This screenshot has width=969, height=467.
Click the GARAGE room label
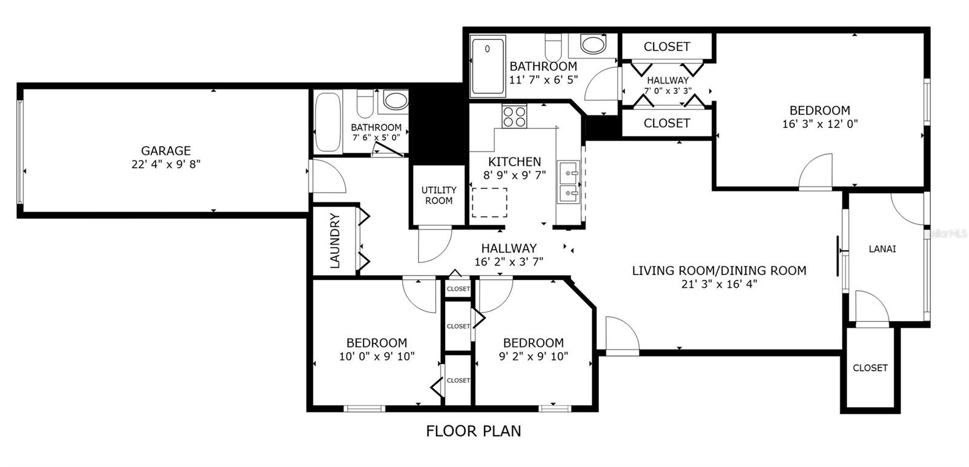click(165, 151)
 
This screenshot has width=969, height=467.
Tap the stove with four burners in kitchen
click(514, 116)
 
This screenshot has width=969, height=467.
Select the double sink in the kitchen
click(568, 182)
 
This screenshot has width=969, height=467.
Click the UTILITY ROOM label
click(438, 195)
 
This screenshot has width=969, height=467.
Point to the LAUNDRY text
click(335, 240)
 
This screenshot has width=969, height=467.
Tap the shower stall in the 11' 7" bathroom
click(488, 66)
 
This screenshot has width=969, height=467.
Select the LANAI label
click(882, 249)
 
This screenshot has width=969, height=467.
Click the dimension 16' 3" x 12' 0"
click(819, 124)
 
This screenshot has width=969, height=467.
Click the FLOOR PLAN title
click(473, 431)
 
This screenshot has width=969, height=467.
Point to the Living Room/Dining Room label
click(719, 271)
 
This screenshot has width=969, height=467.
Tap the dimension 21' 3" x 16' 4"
click(719, 284)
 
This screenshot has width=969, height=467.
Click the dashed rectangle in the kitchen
click(489, 202)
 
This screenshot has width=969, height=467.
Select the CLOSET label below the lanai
click(870, 368)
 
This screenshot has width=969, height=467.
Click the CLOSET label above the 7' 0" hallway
click(666, 47)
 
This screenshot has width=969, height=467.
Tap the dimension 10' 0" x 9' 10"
click(376, 357)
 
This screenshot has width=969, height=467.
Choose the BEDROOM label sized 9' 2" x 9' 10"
click(533, 343)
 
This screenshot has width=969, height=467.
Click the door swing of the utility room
click(434, 245)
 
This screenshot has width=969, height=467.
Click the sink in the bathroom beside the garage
click(395, 101)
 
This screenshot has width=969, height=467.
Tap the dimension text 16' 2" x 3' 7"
click(509, 262)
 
